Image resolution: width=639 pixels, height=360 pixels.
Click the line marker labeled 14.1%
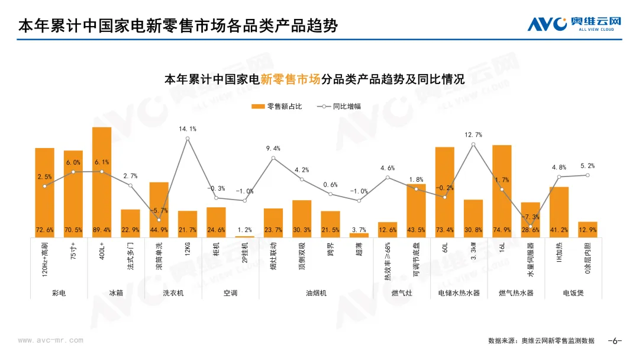coord(188,139)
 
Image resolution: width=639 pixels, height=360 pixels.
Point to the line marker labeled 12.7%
coord(473,144)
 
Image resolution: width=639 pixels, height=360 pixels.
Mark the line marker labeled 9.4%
coord(273,157)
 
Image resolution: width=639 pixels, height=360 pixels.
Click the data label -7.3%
coord(531,217)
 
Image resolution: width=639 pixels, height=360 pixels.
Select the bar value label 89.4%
coord(102,230)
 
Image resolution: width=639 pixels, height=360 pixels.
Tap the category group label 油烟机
coord(316,292)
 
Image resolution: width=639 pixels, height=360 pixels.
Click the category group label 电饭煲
coord(573,292)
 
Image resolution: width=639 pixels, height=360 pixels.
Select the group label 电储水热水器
coord(459,292)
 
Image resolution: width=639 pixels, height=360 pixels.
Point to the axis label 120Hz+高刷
coord(45,261)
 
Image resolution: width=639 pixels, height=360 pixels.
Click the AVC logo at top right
coord(575,24)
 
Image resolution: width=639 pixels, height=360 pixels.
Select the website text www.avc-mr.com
coord(51,340)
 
